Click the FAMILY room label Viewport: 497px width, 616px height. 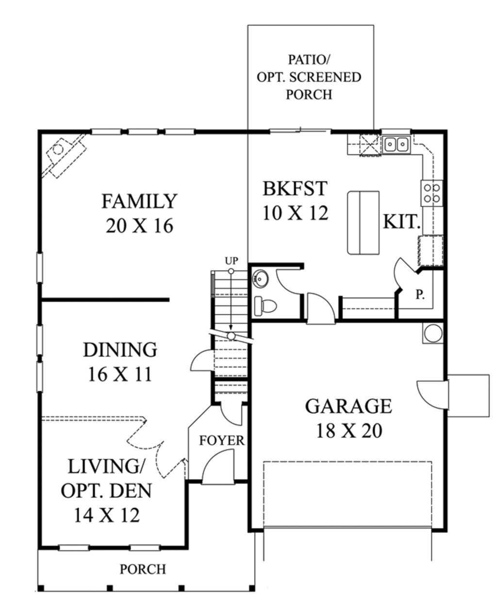pyautogui.click(x=139, y=201)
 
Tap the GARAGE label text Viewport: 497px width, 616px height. pyautogui.click(x=348, y=406)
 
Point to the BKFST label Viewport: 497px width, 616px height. pyautogui.click(x=295, y=188)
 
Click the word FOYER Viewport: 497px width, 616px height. pyautogui.click(x=222, y=441)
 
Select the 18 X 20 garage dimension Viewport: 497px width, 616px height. pyautogui.click(x=349, y=431)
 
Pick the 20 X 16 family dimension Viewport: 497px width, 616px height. pyautogui.click(x=139, y=226)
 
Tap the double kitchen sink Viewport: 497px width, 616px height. pyautogui.click(x=396, y=145)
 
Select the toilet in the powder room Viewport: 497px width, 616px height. pyautogui.click(x=265, y=306)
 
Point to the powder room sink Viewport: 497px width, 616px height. pyautogui.click(x=260, y=278)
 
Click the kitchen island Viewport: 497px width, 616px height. pyautogui.click(x=364, y=223)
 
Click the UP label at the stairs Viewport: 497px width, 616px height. pyautogui.click(x=232, y=261)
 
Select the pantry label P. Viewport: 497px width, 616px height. pyautogui.click(x=420, y=294)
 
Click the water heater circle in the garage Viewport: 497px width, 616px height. pyautogui.click(x=433, y=333)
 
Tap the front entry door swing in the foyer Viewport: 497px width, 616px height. pyautogui.click(x=218, y=466)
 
